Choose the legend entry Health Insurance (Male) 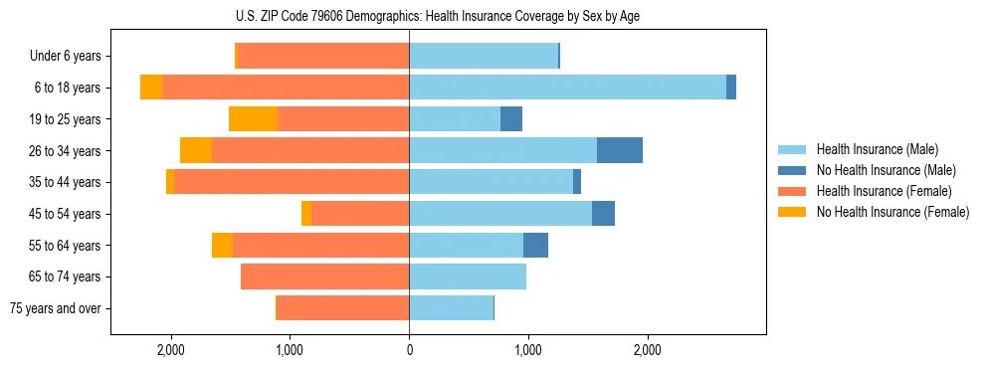point(877,149)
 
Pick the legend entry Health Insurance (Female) point(884,191)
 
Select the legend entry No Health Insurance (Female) point(892,212)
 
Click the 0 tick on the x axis point(409,350)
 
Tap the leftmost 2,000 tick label point(170,350)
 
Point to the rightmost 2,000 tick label point(647,350)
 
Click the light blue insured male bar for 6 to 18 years point(567,88)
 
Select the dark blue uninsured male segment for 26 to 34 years point(619,150)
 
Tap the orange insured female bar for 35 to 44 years point(292,182)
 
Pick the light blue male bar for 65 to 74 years point(468,276)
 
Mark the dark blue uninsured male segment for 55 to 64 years point(535,245)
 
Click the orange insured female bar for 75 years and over point(343,308)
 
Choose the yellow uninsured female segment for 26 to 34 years point(196,150)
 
